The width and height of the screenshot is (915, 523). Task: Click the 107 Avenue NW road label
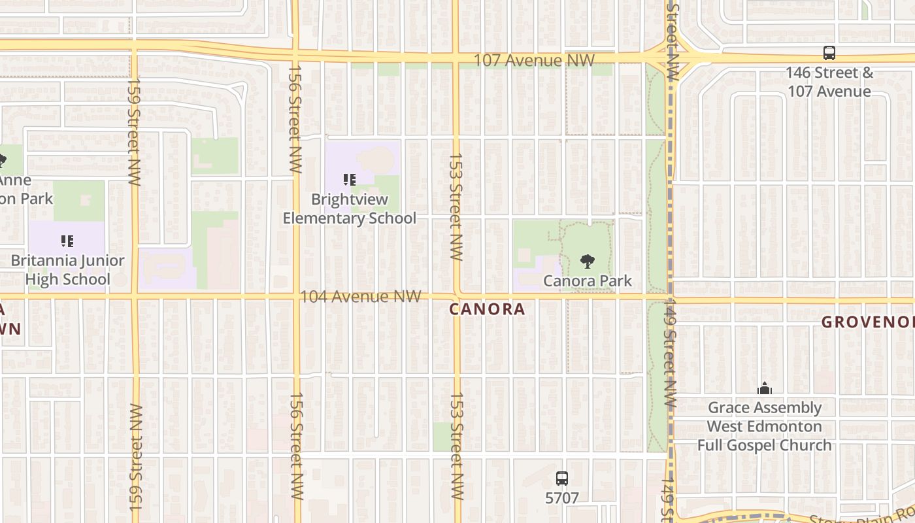click(533, 61)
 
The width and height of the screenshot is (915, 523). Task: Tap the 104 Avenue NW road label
click(360, 297)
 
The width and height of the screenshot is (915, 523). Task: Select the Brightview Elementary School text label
click(349, 209)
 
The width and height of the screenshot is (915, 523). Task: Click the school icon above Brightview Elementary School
click(350, 180)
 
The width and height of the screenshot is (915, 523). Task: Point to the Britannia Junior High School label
click(67, 269)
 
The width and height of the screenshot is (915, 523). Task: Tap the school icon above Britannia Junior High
click(67, 242)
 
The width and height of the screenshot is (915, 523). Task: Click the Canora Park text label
click(588, 280)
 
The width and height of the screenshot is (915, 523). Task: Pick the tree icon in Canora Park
click(588, 261)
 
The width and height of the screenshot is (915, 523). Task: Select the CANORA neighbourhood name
click(487, 309)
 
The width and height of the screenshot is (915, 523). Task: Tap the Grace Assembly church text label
click(764, 426)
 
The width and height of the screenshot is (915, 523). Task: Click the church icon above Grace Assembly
click(765, 390)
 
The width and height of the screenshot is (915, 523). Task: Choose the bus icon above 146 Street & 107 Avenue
click(829, 53)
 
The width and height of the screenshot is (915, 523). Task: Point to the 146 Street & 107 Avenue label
click(829, 82)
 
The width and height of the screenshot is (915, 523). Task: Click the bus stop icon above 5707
click(561, 479)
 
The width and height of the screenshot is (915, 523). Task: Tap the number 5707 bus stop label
click(561, 498)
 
